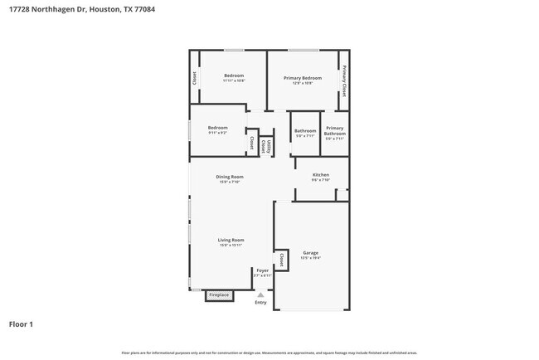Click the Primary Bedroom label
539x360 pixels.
(x=303, y=78)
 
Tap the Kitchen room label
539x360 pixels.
(x=321, y=175)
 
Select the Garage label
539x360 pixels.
(x=311, y=252)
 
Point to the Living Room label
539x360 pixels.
(x=231, y=240)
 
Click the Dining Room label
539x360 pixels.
(x=230, y=177)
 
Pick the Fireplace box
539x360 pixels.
(x=219, y=294)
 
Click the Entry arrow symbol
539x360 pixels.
(x=261, y=294)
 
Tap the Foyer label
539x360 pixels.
(x=262, y=270)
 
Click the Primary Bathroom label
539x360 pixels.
(x=335, y=132)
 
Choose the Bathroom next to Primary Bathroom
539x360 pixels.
(x=305, y=131)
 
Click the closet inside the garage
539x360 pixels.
(x=282, y=260)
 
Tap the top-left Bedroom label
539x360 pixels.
(x=234, y=75)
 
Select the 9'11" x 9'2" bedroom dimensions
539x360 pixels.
(x=217, y=133)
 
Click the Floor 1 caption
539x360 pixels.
(x=22, y=324)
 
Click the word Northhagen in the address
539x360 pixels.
(x=69, y=9)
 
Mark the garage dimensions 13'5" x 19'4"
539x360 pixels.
(x=311, y=258)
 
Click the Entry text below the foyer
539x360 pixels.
(x=261, y=303)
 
